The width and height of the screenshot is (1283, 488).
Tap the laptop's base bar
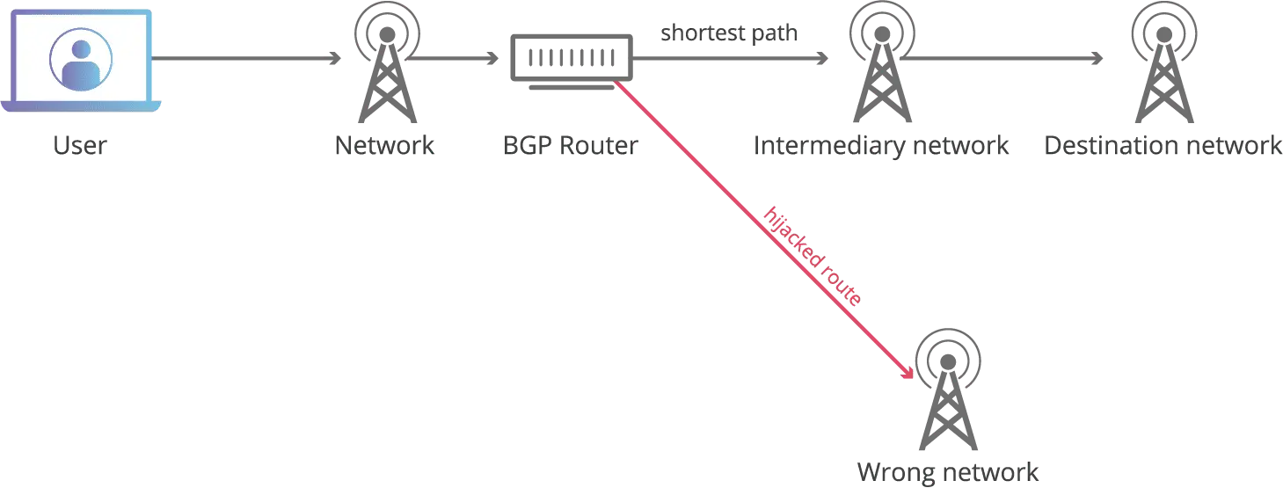80,106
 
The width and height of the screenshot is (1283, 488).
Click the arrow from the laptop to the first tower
246,60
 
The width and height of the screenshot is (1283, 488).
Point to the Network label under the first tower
383,145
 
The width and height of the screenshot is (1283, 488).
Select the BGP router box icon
570,57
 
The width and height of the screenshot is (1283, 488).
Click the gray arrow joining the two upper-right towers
1002,60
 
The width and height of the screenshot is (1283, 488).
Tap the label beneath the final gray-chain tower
1161,145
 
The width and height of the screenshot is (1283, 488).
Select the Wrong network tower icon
947,387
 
